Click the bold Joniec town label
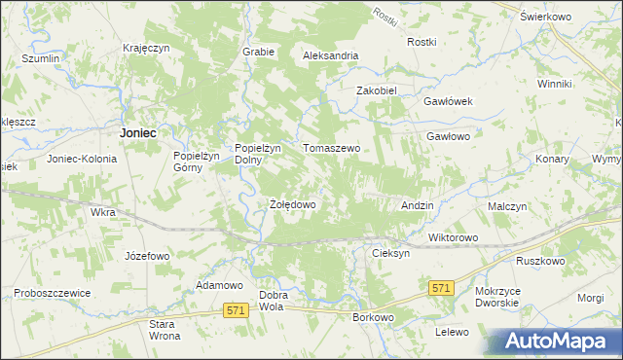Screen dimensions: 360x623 [x=137, y=131]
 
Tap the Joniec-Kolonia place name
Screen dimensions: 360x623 [x=81, y=159]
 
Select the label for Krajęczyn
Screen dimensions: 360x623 [x=147, y=48]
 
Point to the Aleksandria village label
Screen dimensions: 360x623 [x=331, y=56]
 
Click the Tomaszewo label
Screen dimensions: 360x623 [x=332, y=148]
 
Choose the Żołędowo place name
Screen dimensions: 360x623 [x=292, y=205]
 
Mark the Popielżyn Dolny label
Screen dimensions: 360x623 [x=258, y=154]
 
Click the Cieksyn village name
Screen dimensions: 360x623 [x=390, y=252]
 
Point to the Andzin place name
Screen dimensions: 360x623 [x=418, y=206]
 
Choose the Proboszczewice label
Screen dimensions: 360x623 [x=53, y=293]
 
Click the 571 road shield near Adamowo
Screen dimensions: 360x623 [x=234, y=309]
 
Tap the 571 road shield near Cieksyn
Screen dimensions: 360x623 [x=441, y=287]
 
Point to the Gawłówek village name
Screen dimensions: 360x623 [x=448, y=101]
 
